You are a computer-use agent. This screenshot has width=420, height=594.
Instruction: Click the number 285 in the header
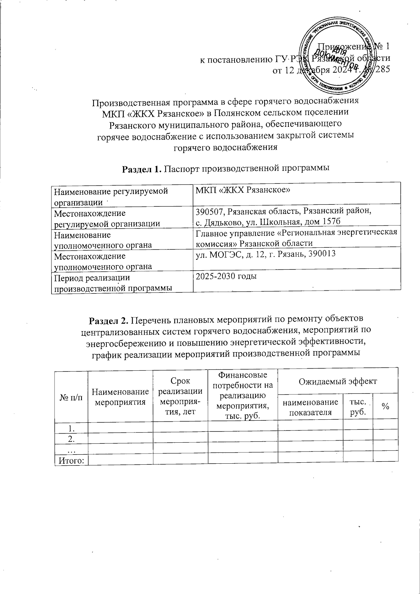click(382, 69)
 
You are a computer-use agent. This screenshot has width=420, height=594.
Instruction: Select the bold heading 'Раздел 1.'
click(141, 169)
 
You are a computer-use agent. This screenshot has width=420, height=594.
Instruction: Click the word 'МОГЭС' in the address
click(223, 254)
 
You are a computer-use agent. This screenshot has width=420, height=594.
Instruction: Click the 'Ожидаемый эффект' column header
click(337, 381)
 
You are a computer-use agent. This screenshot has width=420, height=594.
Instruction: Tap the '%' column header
click(386, 406)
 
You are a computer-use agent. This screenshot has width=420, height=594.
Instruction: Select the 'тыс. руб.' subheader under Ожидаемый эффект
click(358, 406)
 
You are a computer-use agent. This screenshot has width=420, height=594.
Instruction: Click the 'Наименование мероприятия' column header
click(120, 397)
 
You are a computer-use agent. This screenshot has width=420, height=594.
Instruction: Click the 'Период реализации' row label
click(91, 278)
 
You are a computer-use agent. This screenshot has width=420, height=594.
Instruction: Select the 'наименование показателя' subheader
click(310, 406)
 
